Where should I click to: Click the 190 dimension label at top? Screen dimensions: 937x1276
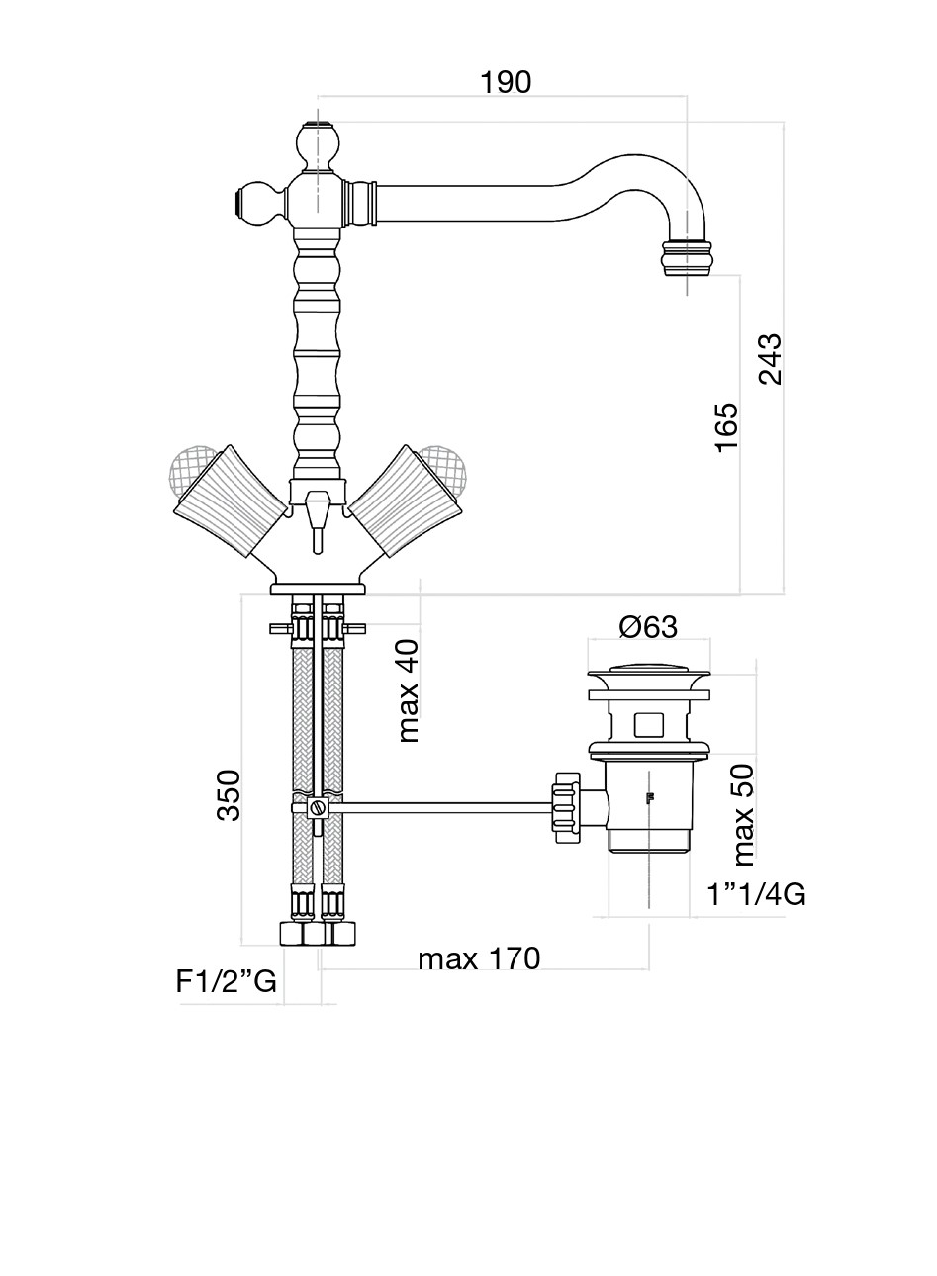(x=506, y=82)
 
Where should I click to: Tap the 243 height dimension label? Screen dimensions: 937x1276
(x=770, y=359)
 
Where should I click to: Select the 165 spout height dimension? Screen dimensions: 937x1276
(x=726, y=427)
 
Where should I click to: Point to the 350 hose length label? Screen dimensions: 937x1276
(x=229, y=794)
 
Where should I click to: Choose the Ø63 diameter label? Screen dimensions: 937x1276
(x=648, y=627)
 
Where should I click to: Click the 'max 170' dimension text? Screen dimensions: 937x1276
(x=479, y=958)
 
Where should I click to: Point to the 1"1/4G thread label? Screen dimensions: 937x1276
(x=756, y=895)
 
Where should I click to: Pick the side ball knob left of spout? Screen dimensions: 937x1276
(x=256, y=204)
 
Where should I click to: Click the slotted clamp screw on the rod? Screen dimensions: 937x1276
(x=317, y=807)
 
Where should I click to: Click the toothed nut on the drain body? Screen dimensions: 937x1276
(x=567, y=807)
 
